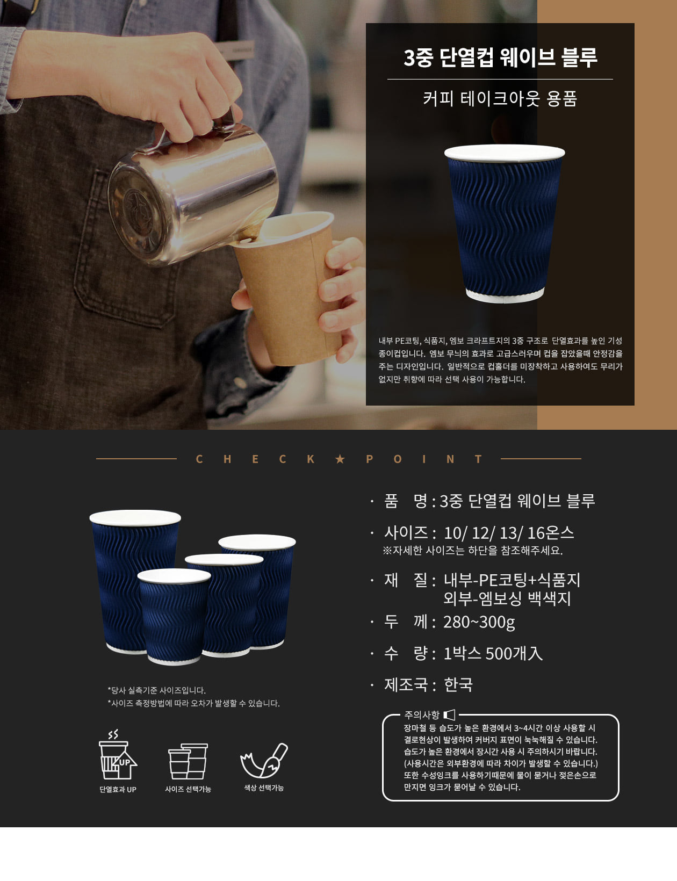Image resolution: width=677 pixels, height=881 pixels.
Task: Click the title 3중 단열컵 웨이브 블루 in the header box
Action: [x=500, y=57]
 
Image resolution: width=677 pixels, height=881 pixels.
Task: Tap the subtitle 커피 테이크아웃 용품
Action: [x=500, y=98]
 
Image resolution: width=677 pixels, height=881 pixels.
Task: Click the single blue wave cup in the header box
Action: [x=505, y=223]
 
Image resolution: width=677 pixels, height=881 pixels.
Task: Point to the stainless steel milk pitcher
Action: [x=194, y=191]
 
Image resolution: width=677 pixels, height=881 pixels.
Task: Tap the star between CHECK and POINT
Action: [x=340, y=459]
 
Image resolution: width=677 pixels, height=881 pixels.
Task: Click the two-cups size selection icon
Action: [x=188, y=761]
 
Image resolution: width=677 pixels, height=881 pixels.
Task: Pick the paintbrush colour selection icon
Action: [x=264, y=760]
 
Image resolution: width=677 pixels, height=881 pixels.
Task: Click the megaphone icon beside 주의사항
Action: [x=450, y=715]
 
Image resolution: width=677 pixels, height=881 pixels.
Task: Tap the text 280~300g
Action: [x=479, y=622]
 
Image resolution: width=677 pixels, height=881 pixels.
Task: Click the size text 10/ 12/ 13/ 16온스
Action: [x=509, y=533]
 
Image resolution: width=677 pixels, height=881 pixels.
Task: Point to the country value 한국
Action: [x=458, y=685]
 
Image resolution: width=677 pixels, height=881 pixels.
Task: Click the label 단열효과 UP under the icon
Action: [x=118, y=789]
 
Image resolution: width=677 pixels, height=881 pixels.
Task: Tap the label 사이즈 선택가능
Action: [x=188, y=789]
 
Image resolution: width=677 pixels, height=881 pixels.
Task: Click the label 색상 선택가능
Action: [x=264, y=788]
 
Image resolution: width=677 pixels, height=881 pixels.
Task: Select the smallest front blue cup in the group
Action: [x=174, y=616]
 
